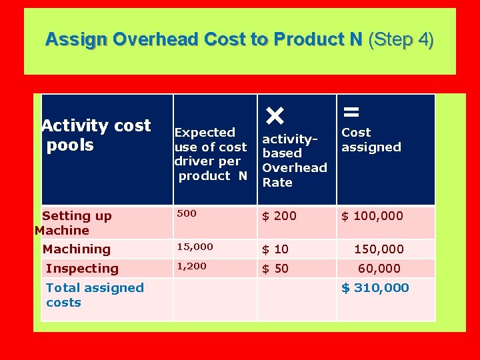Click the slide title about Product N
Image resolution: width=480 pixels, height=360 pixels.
point(203,40)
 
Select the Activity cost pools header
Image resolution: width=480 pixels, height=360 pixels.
point(97,135)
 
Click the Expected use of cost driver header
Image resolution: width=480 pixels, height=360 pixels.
point(211,154)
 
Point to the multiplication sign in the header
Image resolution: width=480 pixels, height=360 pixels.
point(275,117)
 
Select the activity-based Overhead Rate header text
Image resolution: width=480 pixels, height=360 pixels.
point(294,161)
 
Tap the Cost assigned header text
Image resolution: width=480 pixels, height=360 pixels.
point(371,140)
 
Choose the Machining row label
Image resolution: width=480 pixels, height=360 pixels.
point(76,249)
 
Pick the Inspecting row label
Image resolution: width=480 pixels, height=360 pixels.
point(82,269)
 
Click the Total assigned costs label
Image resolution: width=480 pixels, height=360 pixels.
point(95,295)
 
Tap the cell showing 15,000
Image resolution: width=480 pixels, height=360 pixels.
point(195,247)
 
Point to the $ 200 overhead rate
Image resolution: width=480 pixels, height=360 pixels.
point(279,216)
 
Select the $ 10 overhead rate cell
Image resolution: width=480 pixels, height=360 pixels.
point(275,249)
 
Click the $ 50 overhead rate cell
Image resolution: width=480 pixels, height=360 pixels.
point(275,269)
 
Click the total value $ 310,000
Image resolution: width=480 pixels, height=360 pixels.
point(375,288)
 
